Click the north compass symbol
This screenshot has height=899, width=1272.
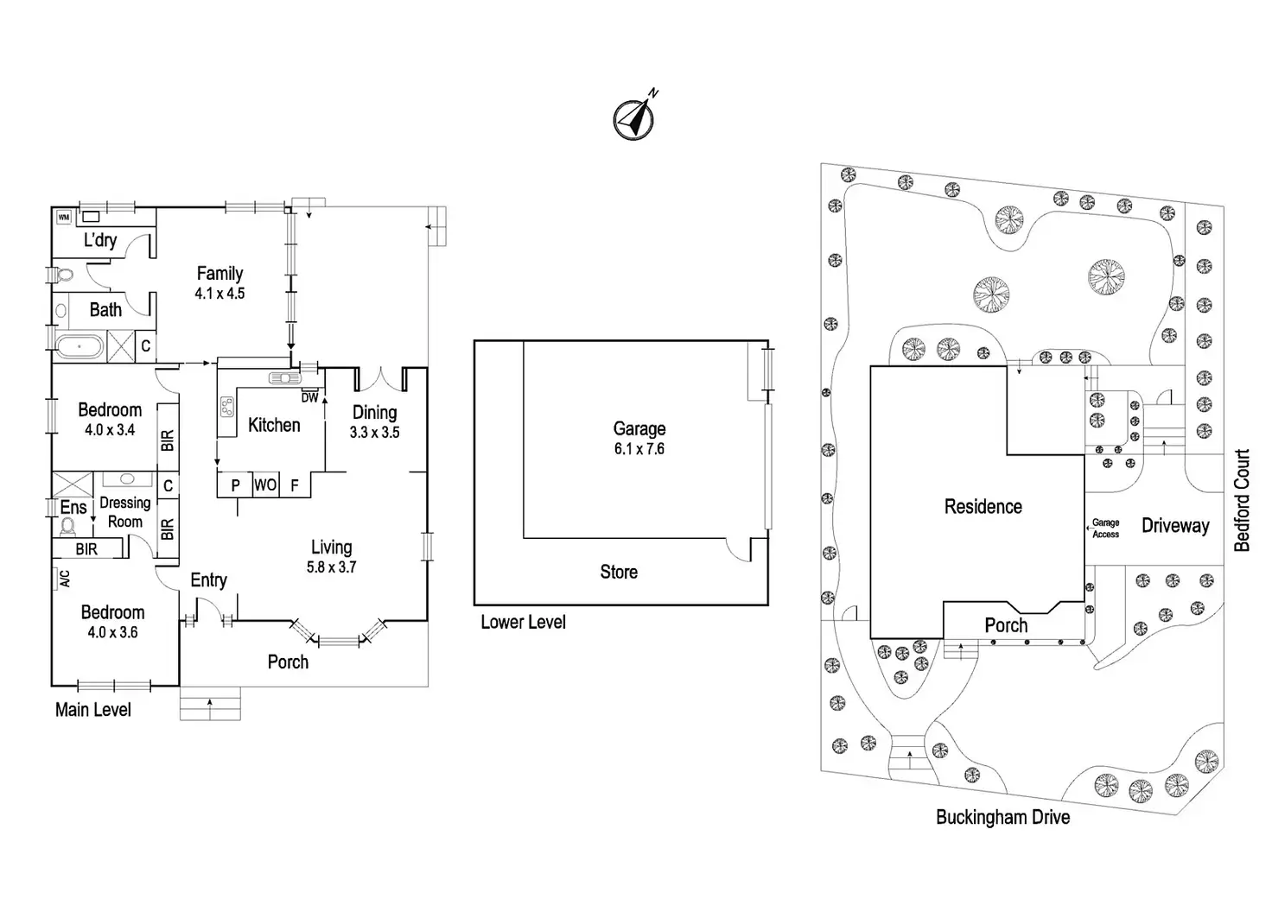point(634,117)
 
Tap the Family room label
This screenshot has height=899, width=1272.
point(219,273)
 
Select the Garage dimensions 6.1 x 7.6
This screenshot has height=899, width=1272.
point(639,449)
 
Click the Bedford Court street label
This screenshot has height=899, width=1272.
point(1242,500)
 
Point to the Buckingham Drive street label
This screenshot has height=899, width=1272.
point(1002,817)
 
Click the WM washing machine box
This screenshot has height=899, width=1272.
point(64,218)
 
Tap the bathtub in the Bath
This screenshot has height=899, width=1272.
point(79,347)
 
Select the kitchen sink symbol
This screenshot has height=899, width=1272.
point(283,377)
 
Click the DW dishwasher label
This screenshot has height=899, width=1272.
point(309,397)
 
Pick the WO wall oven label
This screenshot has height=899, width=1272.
point(265,485)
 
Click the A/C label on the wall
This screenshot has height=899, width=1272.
point(64,579)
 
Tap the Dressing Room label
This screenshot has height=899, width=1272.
point(125,512)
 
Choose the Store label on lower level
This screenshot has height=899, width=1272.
point(619,572)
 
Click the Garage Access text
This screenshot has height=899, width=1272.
point(1105,529)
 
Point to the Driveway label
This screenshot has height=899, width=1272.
point(1175,526)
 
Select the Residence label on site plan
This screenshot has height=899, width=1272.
point(983,507)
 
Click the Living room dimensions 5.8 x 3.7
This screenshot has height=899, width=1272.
point(331,567)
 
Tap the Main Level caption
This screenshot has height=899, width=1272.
point(93,710)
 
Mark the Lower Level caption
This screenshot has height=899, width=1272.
point(523,622)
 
